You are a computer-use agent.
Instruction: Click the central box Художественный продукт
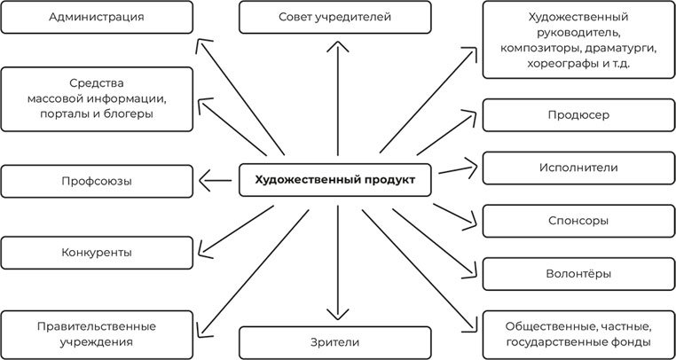[x=334, y=180]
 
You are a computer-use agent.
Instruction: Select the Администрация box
[x=97, y=17]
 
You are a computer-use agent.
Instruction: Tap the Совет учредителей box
[x=334, y=17]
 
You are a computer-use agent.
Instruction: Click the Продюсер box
[x=578, y=115]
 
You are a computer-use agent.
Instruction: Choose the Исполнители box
[x=578, y=168]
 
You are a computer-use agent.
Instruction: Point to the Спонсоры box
[x=578, y=221]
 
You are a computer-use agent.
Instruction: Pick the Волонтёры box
[x=578, y=274]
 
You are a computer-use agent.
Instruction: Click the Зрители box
[x=334, y=341]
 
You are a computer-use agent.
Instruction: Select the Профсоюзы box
[x=97, y=181]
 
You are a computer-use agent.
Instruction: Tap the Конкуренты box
[x=97, y=252]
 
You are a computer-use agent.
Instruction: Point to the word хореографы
[x=557, y=65]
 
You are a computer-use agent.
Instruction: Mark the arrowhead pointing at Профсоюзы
[x=203, y=181]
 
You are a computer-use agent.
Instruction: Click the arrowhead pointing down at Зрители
[x=334, y=315]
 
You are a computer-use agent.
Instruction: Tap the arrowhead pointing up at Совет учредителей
[x=334, y=40]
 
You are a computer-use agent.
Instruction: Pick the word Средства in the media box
[x=97, y=82]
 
